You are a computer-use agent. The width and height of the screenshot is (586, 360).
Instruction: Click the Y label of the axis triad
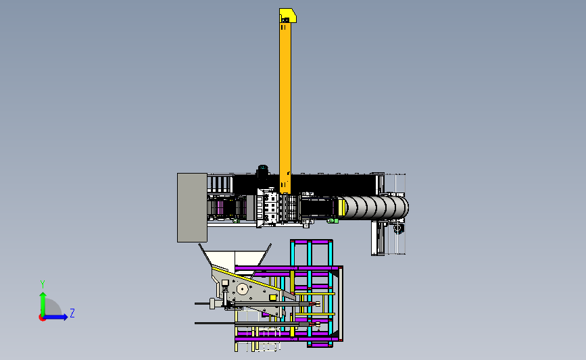point(43,284)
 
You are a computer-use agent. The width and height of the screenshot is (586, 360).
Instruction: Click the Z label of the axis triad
point(72,313)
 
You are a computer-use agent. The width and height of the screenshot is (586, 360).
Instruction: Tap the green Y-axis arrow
point(43,304)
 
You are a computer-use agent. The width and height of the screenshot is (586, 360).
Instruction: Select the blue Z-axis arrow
point(55,317)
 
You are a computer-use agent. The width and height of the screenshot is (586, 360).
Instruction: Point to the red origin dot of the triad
point(42,318)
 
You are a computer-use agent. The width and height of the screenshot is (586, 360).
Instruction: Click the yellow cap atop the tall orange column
point(287,16)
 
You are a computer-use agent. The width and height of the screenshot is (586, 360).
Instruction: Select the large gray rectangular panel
point(192,207)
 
